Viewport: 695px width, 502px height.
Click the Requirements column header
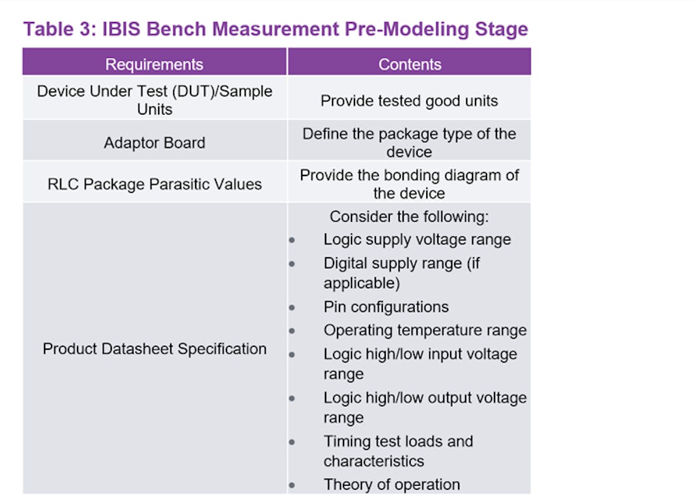154,64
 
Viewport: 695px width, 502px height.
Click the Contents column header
409,64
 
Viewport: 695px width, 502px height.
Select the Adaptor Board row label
154,142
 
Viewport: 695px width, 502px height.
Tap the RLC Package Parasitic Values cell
154,184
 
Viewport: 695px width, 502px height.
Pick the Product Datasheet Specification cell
154,349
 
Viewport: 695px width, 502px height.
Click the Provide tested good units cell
409,101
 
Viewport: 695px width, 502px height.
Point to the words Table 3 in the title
56,29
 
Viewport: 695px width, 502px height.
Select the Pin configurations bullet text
386,307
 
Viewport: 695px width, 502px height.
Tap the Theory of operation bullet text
392,484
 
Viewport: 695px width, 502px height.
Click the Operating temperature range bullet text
425,330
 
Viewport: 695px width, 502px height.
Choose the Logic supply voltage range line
417,239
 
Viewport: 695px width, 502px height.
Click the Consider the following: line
409,217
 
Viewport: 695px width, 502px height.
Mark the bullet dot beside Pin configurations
292,308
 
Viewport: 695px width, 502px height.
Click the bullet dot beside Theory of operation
292,485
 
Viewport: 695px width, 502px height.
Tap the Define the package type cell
409,142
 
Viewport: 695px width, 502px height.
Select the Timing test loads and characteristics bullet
398,450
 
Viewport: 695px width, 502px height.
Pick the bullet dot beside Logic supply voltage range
292,240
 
